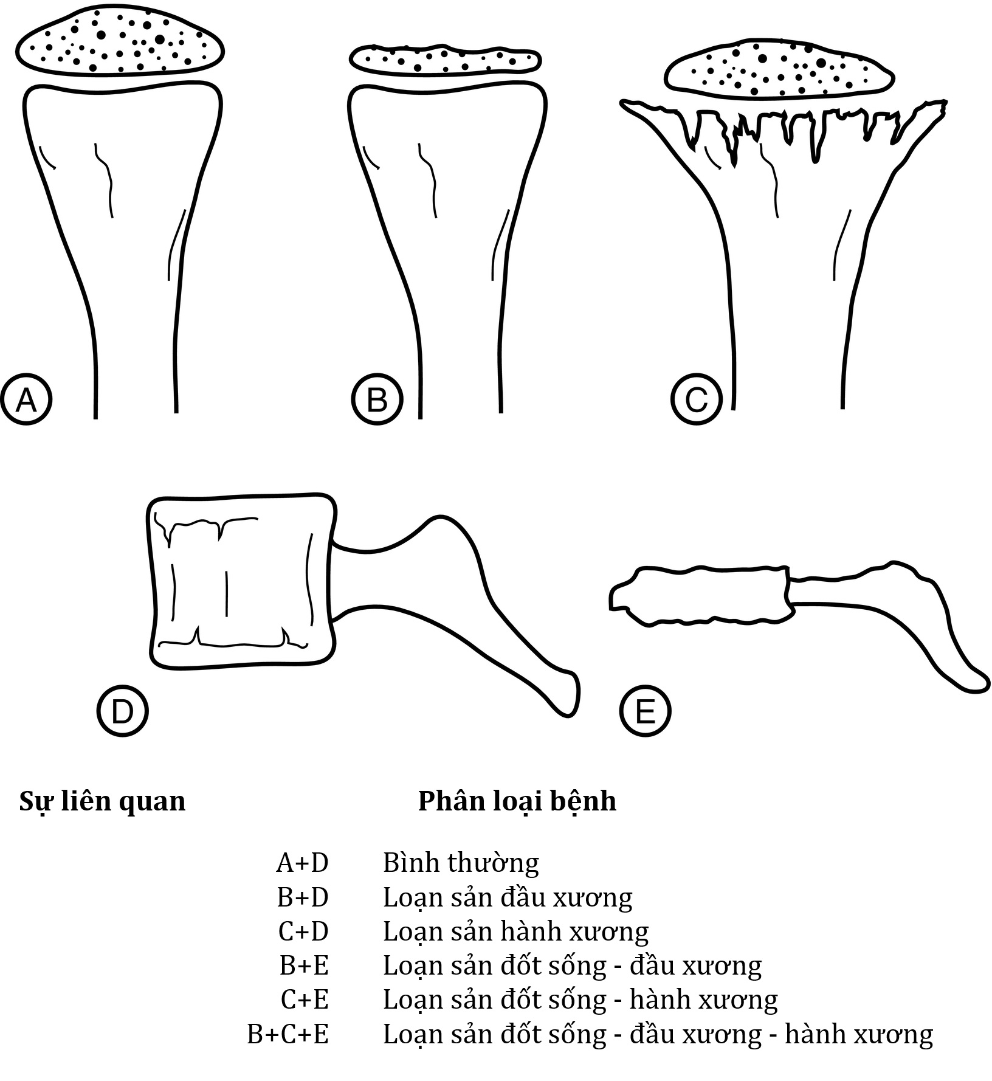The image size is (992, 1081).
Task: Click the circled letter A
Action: coord(26,399)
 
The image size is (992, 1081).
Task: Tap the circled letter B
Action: coord(377,399)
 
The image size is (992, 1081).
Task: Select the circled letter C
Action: coord(697,399)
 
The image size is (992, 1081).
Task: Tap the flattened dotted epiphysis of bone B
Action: coord(445,60)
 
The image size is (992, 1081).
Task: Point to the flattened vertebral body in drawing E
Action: coord(702,596)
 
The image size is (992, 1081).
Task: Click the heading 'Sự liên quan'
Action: coord(102,801)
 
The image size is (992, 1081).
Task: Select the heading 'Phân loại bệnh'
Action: coord(517,801)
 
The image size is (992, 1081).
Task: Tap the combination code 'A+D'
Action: coord(302,863)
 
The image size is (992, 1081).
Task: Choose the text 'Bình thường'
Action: coord(461,863)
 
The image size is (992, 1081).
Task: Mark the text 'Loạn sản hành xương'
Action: coord(515,931)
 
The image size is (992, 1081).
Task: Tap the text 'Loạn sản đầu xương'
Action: coord(508,897)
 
